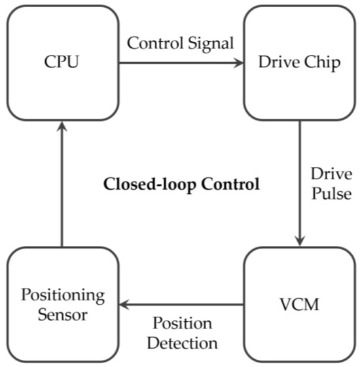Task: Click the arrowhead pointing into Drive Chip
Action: [x=238, y=63]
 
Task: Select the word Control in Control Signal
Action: [x=156, y=44]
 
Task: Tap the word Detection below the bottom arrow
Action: [x=181, y=341]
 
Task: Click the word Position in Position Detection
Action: [x=182, y=324]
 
